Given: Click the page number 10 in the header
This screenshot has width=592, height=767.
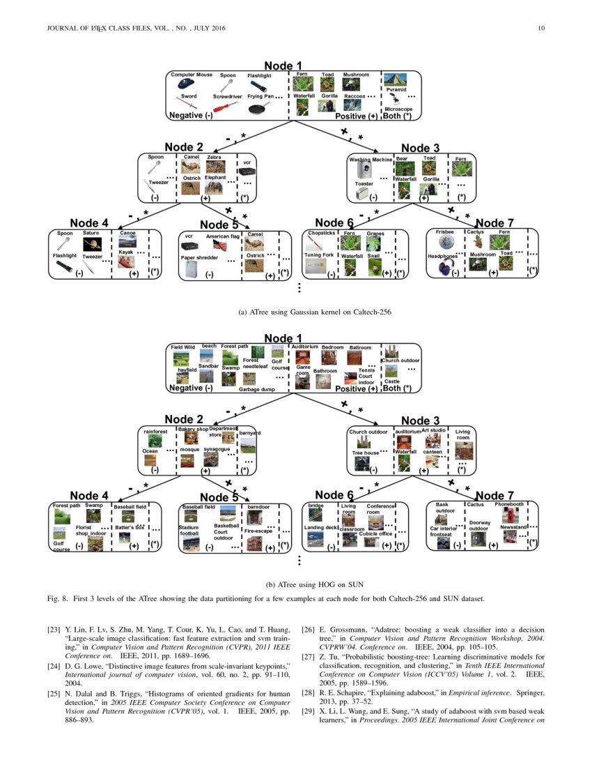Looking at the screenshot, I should [x=540, y=28].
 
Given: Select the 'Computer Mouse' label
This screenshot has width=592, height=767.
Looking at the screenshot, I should [x=192, y=75].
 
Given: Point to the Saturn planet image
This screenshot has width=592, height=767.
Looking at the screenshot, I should [x=93, y=245].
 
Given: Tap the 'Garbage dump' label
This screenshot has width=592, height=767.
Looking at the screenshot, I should [x=257, y=390].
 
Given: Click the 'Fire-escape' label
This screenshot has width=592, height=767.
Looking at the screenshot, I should [x=258, y=531].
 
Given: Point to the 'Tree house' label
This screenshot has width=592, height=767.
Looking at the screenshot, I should [x=365, y=453].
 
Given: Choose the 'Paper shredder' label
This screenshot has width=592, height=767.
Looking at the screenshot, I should [x=200, y=257].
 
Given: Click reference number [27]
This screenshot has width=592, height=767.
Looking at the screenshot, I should [x=307, y=656].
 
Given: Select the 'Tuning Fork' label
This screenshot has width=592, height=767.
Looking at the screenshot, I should [x=320, y=255].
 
